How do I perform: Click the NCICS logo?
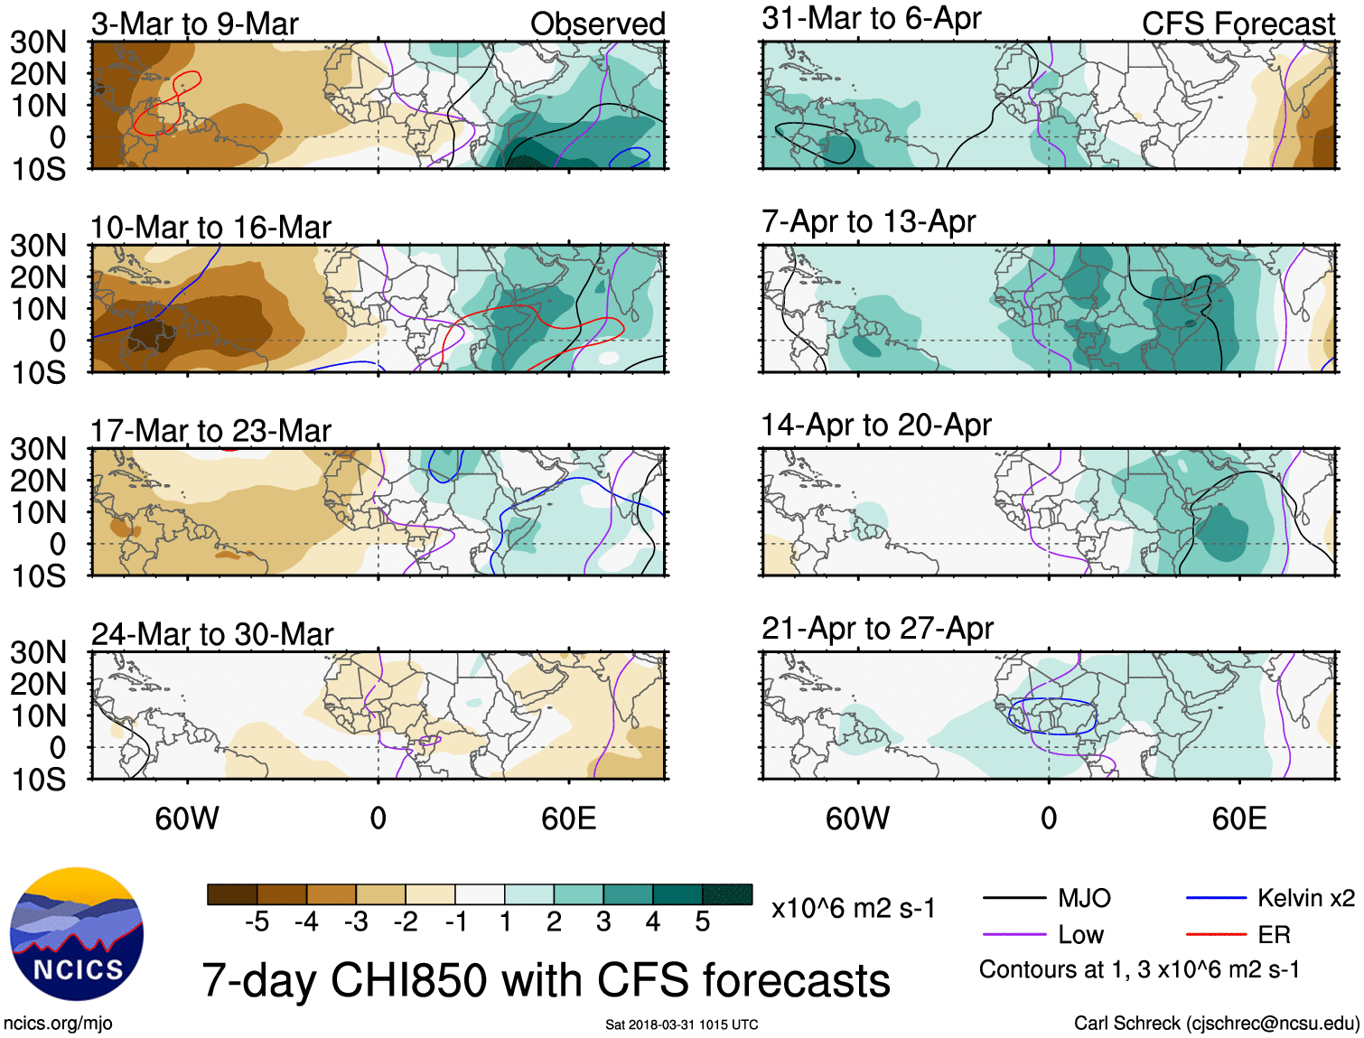tap(77, 934)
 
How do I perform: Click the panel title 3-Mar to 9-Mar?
tap(194, 24)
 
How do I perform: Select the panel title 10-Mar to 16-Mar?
tap(210, 228)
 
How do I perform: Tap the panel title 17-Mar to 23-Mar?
tap(210, 431)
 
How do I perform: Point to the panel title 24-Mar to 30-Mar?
tap(212, 634)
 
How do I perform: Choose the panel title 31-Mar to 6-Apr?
tap(871, 19)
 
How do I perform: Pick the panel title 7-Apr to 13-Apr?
tap(868, 222)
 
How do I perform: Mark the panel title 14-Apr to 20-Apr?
tap(876, 425)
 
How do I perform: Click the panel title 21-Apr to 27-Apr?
tap(877, 629)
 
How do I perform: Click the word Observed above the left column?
tap(597, 24)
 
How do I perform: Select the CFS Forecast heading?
tap(1238, 24)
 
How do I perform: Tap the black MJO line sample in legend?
tap(1014, 898)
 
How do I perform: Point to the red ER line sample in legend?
tap(1216, 935)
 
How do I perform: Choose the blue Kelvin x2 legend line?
tap(1216, 898)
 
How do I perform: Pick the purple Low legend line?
tap(1014, 935)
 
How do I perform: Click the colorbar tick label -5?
tap(257, 921)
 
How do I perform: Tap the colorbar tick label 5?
tap(702, 921)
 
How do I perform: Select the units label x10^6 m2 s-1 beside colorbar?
tap(853, 909)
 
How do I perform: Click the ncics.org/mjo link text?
tap(58, 1024)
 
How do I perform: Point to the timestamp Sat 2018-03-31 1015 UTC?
tap(681, 1024)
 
